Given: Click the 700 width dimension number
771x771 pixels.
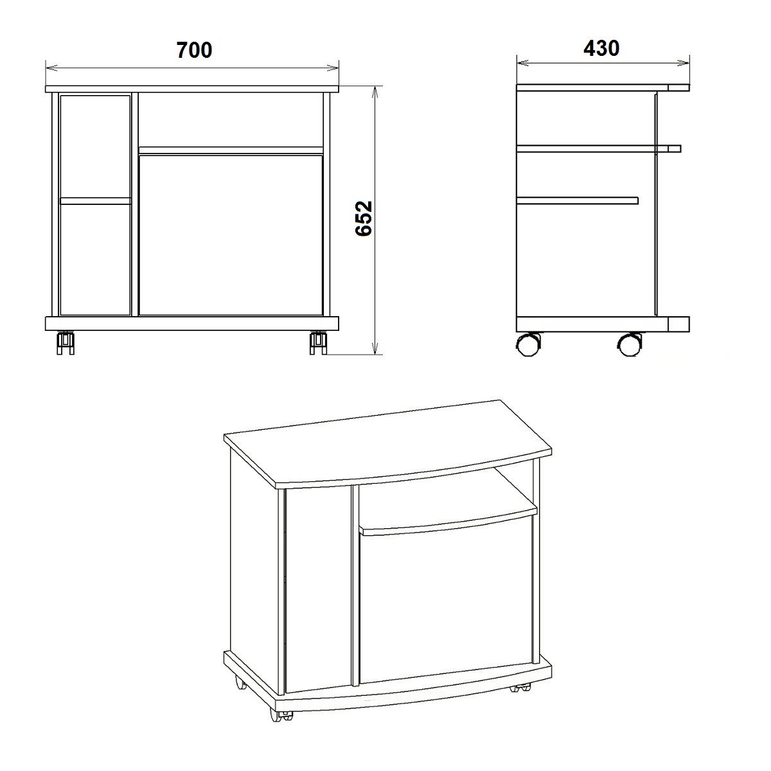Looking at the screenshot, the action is click(194, 50).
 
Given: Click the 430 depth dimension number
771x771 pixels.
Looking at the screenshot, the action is click(601, 48).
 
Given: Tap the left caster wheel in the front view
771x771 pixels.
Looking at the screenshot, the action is click(66, 342).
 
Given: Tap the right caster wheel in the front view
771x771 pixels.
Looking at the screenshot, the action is click(319, 342).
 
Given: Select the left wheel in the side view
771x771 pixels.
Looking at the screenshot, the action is click(527, 344).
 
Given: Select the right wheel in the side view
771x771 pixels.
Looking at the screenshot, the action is click(630, 344).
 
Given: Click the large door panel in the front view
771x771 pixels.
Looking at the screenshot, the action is click(231, 235).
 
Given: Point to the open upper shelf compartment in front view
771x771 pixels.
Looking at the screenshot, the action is click(231, 120).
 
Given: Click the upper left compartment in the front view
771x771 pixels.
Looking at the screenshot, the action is click(95, 146).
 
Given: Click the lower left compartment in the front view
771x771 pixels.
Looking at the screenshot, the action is click(95, 260).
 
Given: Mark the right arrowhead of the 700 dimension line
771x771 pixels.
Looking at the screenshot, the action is click(333, 67).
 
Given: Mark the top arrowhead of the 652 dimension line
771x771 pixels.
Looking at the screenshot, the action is click(375, 92).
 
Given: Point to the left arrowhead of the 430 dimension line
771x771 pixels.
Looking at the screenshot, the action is click(523, 62).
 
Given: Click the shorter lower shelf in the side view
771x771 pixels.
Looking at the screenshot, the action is click(578, 200).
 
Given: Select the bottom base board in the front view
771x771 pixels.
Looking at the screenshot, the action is click(192, 324).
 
